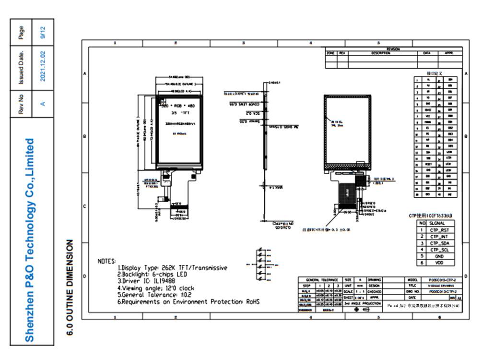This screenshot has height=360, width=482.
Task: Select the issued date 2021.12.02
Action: pos(43,66)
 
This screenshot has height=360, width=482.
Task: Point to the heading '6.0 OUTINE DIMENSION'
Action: pos(70,287)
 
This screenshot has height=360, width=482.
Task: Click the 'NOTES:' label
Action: pos(107,261)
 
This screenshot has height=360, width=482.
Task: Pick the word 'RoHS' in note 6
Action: pos(253,302)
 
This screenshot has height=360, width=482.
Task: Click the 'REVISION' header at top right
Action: pos(393,49)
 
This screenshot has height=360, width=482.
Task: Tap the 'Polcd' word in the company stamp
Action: pos(392,305)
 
